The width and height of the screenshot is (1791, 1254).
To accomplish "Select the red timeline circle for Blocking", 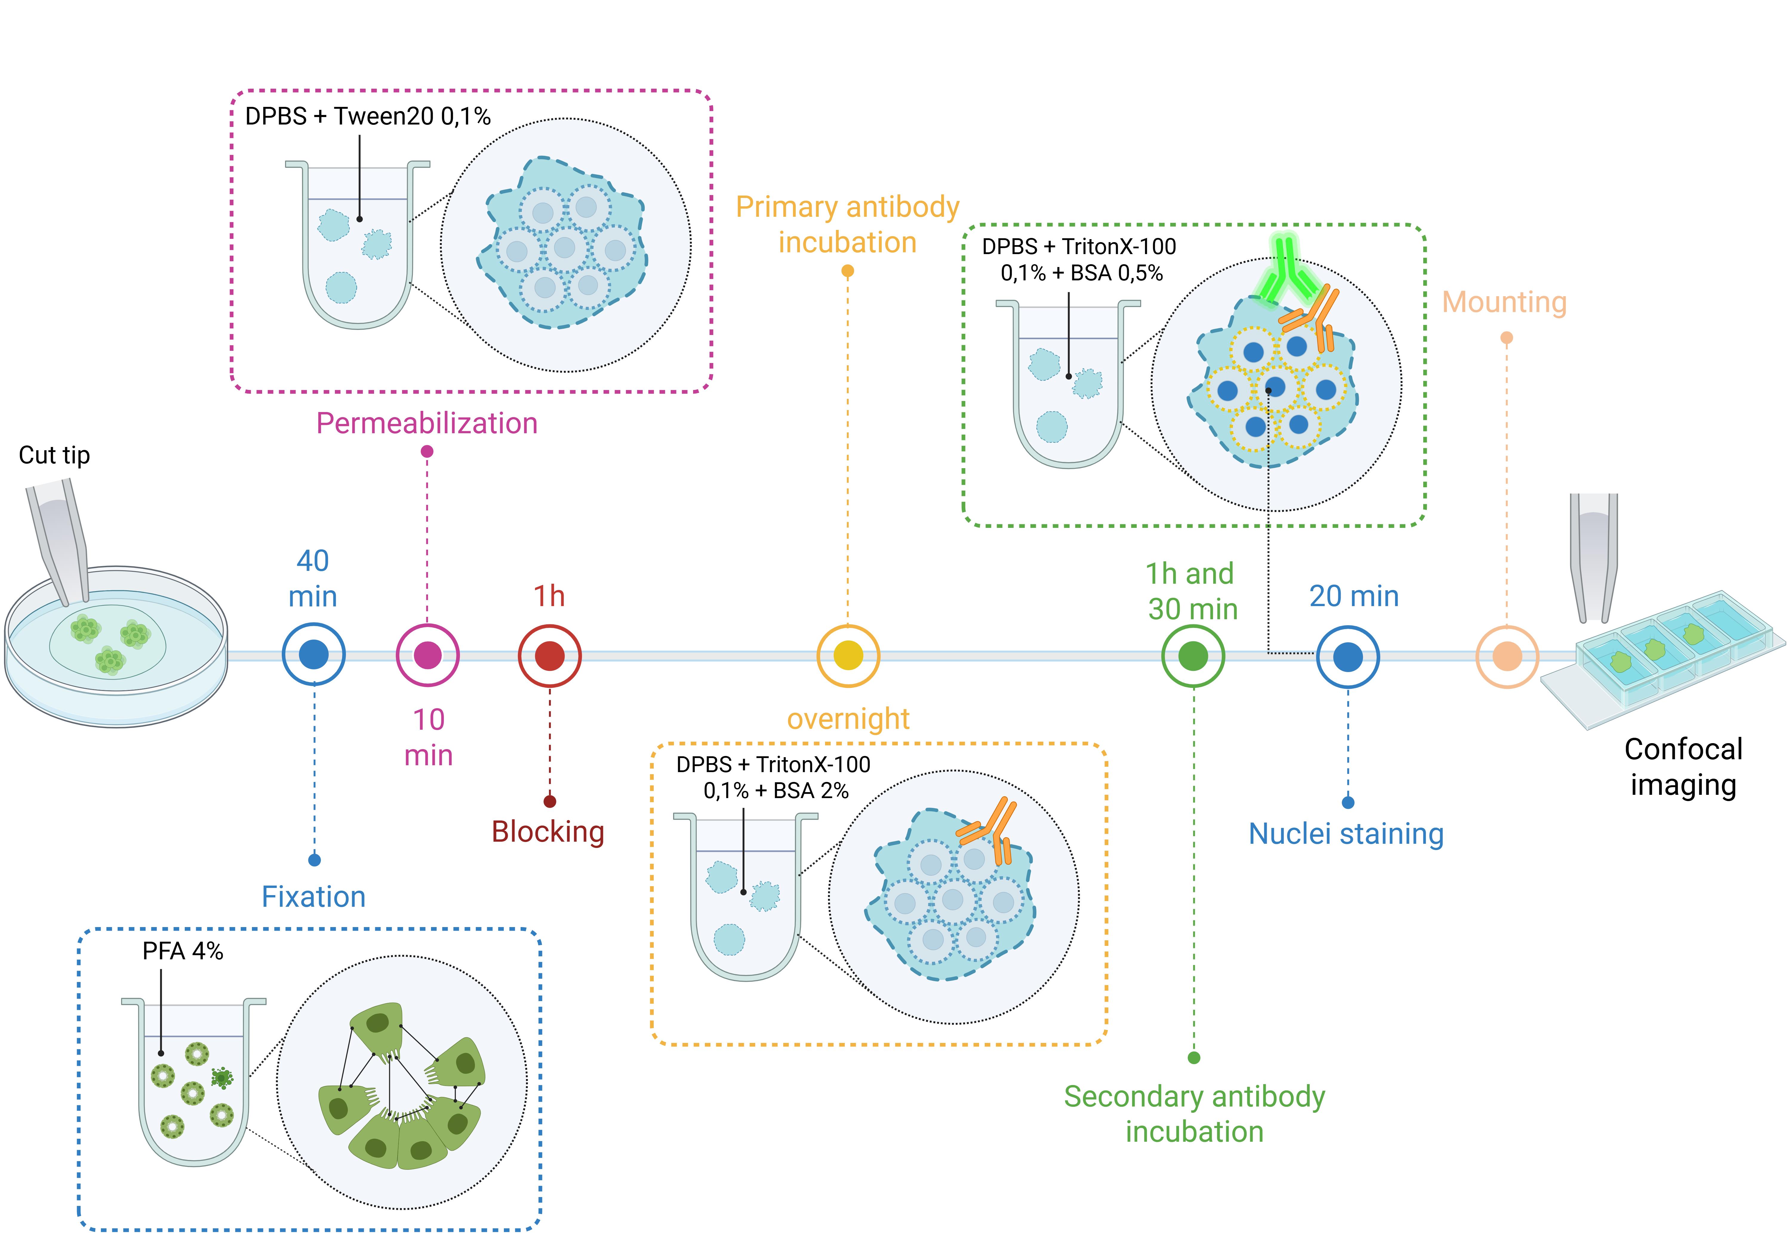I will pyautogui.click(x=550, y=655).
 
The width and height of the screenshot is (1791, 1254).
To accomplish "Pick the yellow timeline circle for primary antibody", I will pyautogui.click(x=848, y=655).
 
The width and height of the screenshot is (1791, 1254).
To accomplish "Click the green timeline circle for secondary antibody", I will pyautogui.click(x=1193, y=655).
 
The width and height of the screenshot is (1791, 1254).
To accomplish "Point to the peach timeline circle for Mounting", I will pyautogui.click(x=1507, y=656).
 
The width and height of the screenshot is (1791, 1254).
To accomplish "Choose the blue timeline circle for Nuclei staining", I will pyautogui.click(x=1348, y=656).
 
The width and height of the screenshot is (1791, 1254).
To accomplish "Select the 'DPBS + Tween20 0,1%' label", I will pyautogui.click(x=367, y=116).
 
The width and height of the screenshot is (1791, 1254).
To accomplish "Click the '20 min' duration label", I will pyautogui.click(x=1353, y=596).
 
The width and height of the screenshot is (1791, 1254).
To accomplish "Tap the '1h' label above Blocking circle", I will pyautogui.click(x=549, y=596).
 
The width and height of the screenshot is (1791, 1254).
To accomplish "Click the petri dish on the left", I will pyautogui.click(x=116, y=648).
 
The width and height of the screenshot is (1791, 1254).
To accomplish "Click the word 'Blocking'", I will pyautogui.click(x=547, y=832).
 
